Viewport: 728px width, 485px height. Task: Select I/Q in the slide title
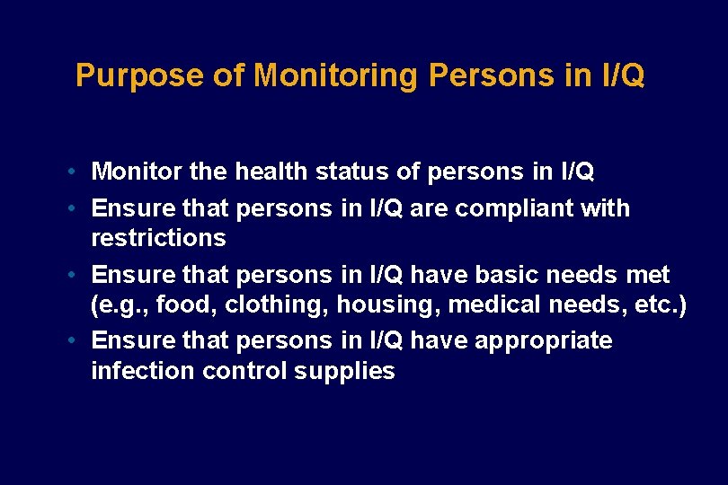pos(622,75)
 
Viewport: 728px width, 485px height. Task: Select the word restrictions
pos(158,238)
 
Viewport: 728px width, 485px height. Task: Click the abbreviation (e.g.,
pos(120,305)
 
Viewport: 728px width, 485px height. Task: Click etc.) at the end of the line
pos(661,305)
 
